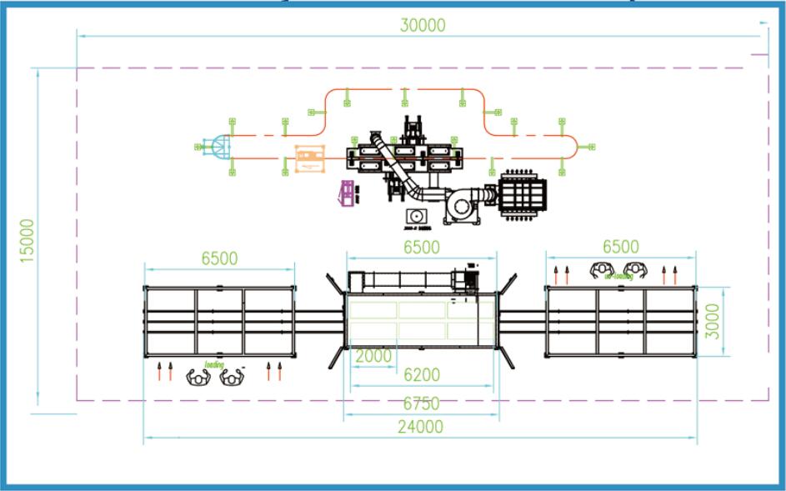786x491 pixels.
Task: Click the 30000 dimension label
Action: pyautogui.click(x=423, y=26)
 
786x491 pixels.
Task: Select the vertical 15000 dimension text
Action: pyautogui.click(x=28, y=241)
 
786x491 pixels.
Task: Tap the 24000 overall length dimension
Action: pyautogui.click(x=420, y=427)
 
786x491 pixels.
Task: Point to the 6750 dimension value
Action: pyautogui.click(x=421, y=403)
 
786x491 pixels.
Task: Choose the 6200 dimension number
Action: pyautogui.click(x=421, y=376)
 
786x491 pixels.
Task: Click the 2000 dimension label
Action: pyautogui.click(x=373, y=356)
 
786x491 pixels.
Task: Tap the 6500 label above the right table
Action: pyautogui.click(x=620, y=246)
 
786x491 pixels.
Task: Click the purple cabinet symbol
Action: pyautogui.click(x=345, y=193)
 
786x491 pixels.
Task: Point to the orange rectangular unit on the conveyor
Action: pyautogui.click(x=309, y=158)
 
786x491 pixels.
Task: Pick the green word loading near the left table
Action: pyautogui.click(x=214, y=365)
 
